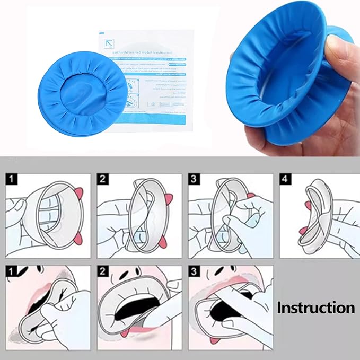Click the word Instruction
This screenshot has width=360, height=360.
pyautogui.click(x=316, y=308)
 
